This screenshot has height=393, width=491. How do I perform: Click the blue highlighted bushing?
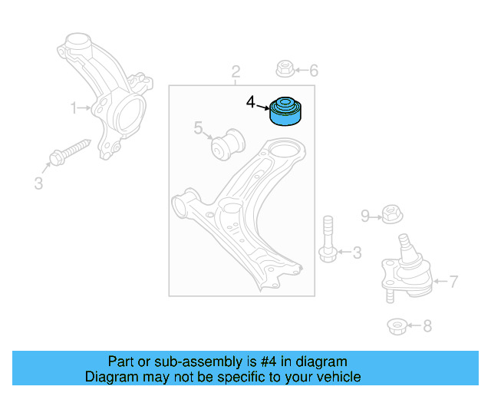click(x=287, y=111)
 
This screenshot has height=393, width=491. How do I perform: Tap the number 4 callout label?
click(x=251, y=101)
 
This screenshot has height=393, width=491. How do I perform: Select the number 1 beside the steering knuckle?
click(x=74, y=108)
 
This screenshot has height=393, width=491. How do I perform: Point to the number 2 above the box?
click(x=236, y=72)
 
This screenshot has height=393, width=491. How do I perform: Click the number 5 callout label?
click(x=197, y=128)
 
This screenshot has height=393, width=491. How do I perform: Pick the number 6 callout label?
click(x=313, y=71)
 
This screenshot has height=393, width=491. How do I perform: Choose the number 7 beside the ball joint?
click(x=453, y=282)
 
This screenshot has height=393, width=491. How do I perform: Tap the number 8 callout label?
click(x=427, y=326)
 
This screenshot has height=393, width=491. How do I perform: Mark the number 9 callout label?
click(x=365, y=216)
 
